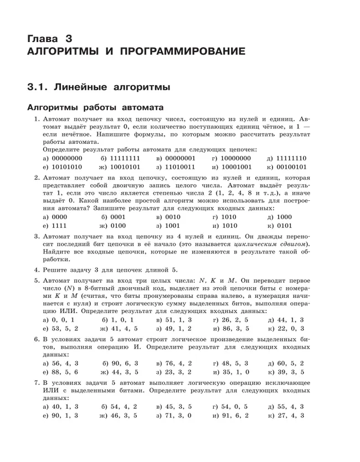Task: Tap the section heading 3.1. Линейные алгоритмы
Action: (99, 87)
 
